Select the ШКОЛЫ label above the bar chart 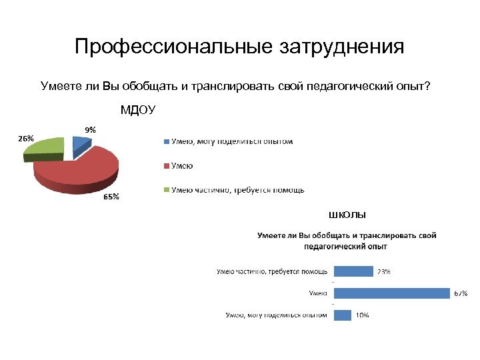pos(347,215)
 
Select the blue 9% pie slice pos(81,142)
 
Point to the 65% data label pos(111,197)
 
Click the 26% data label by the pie pos(26,139)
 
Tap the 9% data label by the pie pos(89,130)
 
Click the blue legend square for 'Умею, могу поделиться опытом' pos(165,141)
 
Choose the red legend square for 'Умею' pos(165,165)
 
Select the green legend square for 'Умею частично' pos(165,190)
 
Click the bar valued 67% pos(391,293)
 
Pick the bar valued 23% pos(353,271)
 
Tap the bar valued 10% pos(342,315)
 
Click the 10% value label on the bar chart pos(362,315)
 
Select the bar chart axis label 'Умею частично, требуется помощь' pos(272,271)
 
